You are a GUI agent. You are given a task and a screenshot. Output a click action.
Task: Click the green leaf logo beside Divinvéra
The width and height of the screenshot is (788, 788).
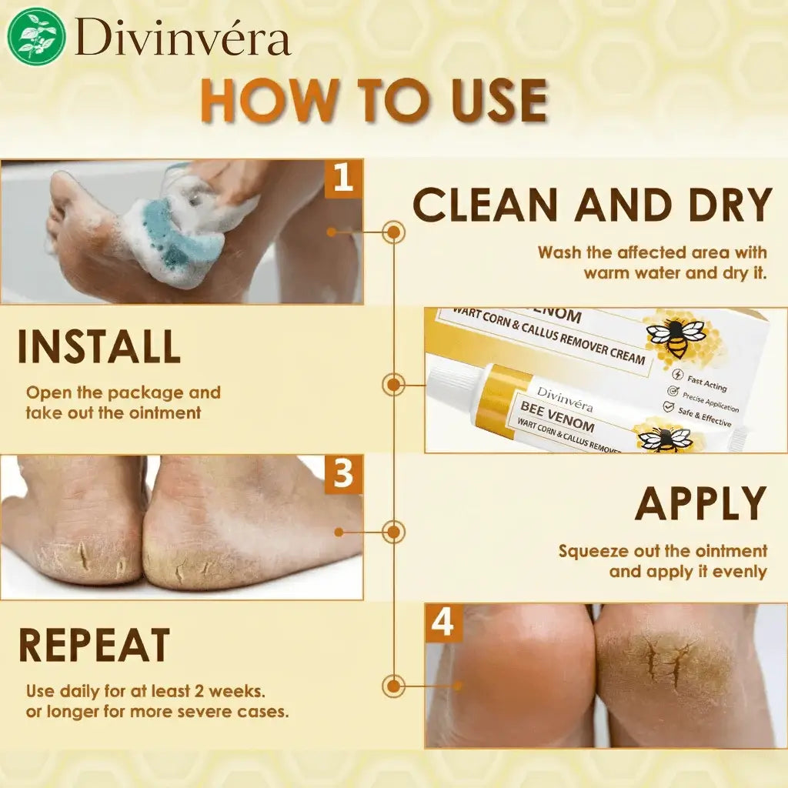point(37,35)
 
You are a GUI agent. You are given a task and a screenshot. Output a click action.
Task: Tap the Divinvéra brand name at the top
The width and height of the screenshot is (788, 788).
point(182,37)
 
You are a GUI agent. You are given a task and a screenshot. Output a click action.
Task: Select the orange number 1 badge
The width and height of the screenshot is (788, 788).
point(343,179)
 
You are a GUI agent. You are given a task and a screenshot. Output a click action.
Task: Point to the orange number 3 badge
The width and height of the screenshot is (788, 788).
point(343,474)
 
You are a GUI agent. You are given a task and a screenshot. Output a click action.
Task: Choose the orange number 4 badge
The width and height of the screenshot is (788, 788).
point(443,623)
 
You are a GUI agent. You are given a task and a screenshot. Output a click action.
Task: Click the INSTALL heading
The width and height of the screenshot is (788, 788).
point(99,346)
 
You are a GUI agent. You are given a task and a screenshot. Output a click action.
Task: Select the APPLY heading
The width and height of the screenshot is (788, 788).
point(700,503)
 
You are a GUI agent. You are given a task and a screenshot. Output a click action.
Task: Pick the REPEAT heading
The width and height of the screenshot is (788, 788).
point(95,646)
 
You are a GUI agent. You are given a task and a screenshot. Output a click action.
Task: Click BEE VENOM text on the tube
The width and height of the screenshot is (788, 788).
point(557,416)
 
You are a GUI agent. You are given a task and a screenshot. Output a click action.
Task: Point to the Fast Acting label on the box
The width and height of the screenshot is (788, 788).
point(706,383)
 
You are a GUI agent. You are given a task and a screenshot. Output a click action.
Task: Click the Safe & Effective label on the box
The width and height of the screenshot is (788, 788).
point(704,417)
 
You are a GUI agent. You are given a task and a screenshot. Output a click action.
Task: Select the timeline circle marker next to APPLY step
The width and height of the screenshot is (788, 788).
point(393,532)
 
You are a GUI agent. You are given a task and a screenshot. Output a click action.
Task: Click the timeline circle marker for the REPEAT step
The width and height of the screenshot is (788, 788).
point(393,686)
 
